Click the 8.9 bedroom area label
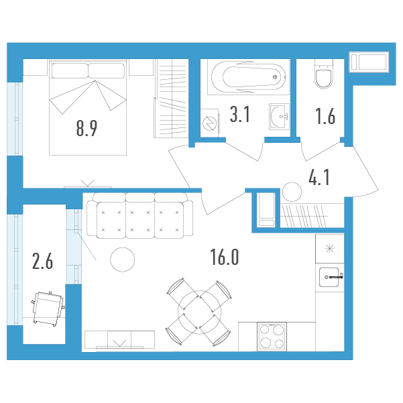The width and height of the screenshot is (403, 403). coord(87,129)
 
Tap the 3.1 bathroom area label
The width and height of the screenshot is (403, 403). coord(240,115)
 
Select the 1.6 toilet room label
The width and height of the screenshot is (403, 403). coord(325,117)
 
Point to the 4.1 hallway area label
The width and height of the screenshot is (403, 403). coord(319,177)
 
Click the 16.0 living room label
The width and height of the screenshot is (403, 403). coord(225,257)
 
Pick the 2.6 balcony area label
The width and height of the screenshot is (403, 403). coord(43,261)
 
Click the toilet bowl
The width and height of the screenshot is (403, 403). coord(324,74)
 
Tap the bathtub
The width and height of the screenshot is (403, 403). coord(249,76)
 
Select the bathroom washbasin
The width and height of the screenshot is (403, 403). coord(279,117)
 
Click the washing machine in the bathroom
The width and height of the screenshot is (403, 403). coord(209,123)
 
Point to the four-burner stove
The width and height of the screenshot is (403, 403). coord(272,336)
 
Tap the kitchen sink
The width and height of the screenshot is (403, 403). coord(331,277)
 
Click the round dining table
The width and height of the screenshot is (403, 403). coord(199,312)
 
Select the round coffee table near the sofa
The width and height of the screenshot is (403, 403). coord(122,260)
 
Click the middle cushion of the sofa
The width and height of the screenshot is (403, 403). coord(140,220)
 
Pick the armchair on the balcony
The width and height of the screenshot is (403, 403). coord(48,308)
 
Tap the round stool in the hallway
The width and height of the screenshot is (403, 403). coord(292,192)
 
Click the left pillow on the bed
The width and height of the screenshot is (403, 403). coord(70,70)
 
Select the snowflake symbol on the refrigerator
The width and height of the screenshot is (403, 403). coord(329,249)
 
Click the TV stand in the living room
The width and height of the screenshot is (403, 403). coord(120,339)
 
